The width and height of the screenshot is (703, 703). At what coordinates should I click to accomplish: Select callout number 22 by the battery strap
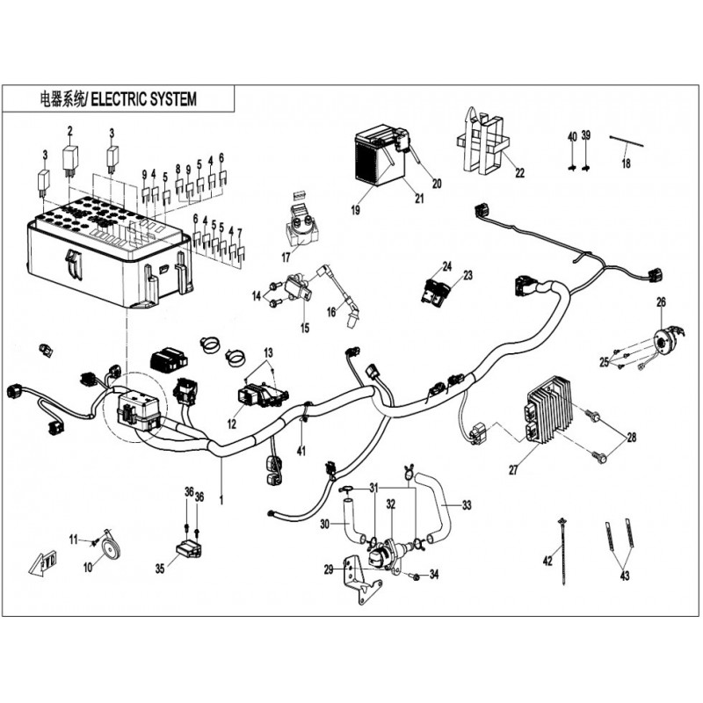tap(519, 172)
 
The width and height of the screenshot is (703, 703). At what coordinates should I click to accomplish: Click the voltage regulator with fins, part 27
tap(552, 409)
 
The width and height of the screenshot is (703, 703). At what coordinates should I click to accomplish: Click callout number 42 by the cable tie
tap(547, 560)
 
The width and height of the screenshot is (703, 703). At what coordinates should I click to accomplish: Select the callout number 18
tap(626, 163)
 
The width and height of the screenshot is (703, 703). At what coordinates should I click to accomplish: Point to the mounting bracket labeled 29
tap(360, 580)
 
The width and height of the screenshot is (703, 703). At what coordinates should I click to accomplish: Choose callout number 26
tap(662, 303)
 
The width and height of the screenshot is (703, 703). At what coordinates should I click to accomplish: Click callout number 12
tap(233, 422)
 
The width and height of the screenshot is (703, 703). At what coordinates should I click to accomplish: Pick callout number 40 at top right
tap(572, 136)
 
